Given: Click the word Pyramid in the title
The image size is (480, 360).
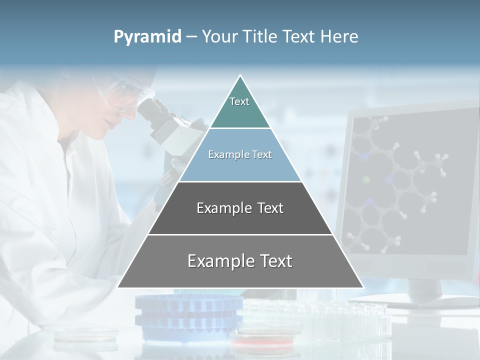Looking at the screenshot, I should (147, 37).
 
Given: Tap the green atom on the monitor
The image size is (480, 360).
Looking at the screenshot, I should (366, 179).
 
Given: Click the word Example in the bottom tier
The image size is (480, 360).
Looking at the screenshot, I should (215, 261).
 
